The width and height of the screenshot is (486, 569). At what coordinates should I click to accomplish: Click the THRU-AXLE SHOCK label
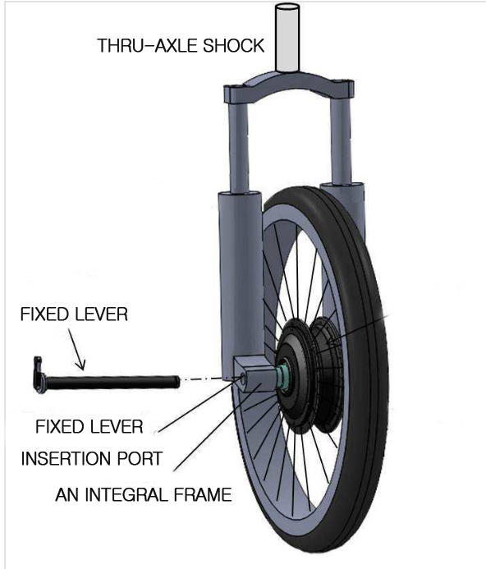tap(181, 46)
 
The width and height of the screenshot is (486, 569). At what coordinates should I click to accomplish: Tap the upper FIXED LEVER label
tap(74, 314)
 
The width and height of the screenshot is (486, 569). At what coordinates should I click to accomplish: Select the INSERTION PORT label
tap(92, 459)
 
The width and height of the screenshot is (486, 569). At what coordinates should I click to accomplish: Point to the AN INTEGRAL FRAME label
tap(144, 494)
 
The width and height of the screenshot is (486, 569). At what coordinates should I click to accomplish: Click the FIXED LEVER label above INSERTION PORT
tap(89, 427)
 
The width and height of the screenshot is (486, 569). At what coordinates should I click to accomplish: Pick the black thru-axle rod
tap(112, 383)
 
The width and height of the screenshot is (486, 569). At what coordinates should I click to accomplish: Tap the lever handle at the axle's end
tap(38, 374)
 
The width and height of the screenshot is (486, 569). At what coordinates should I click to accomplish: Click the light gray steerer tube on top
tap(287, 38)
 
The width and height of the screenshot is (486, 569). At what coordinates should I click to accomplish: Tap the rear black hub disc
tap(327, 374)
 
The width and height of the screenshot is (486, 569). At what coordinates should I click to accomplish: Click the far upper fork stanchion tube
tap(342, 141)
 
